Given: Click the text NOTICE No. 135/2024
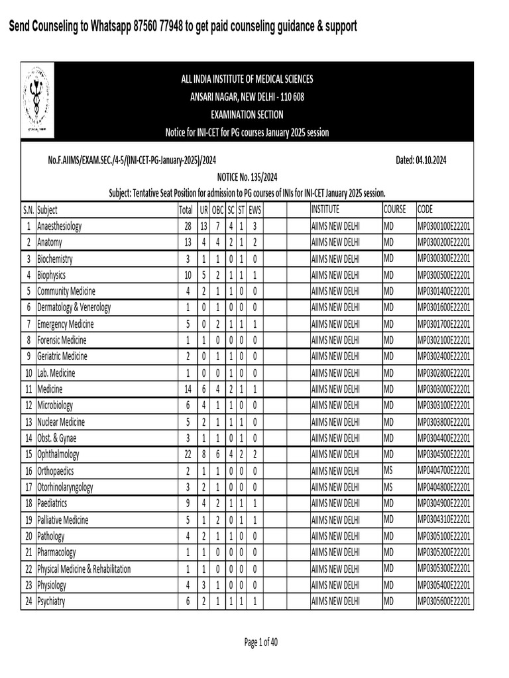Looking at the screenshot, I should (x=247, y=177).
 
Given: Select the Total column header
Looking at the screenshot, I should (x=186, y=210).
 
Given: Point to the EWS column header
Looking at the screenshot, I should (x=256, y=210).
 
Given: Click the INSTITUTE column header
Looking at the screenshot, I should (x=329, y=210).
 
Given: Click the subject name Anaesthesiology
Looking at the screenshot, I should (x=60, y=226).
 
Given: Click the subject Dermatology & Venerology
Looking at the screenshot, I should (x=74, y=308).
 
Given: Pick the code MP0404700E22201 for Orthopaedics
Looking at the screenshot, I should (x=444, y=471).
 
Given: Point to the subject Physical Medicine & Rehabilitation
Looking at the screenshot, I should (x=84, y=569).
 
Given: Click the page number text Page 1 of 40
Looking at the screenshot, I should (x=261, y=642).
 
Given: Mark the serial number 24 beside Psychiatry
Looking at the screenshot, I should (x=28, y=601).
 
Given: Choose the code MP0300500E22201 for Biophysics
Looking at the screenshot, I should (x=444, y=275).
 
